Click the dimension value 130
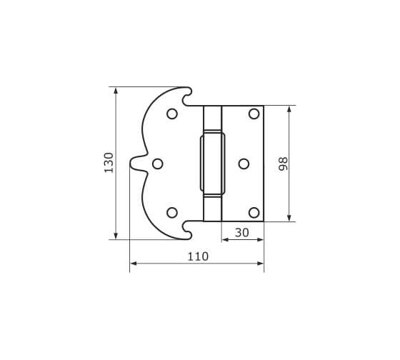coord(109,163)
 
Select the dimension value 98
coord(283,164)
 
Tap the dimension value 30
coord(242,232)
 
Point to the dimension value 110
coord(197,256)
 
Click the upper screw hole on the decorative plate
coord(171,114)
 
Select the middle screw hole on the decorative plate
coord(158,164)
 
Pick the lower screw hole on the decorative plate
coord(171,212)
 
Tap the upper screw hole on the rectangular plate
coord(254,114)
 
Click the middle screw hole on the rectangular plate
coord(244,164)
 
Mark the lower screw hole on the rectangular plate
coord(254,212)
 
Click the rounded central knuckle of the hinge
coord(212,164)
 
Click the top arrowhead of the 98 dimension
coord(289,110)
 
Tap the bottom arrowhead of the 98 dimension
coord(289,217)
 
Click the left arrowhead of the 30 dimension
coord(226,240)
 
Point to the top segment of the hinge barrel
coord(212,118)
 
